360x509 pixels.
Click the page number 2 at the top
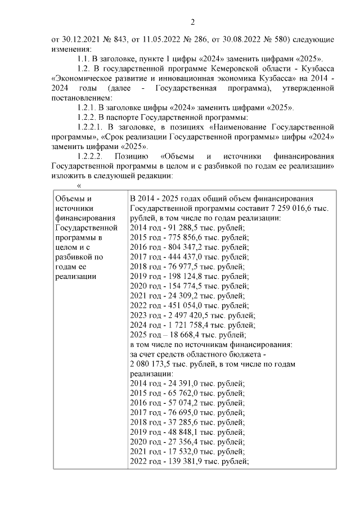click(x=193, y=22)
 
